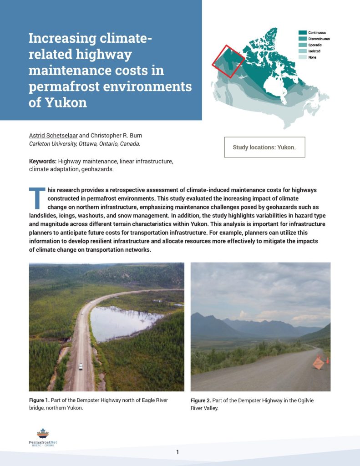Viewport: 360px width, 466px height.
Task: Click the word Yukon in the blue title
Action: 65,102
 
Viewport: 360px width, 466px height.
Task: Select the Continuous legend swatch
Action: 302,33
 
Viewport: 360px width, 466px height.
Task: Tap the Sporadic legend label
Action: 315,45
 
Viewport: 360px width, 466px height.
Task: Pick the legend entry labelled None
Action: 312,57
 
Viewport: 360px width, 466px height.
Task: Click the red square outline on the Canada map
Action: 228,61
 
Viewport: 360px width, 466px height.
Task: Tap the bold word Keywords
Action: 43,162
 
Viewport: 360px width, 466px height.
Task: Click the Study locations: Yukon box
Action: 264,147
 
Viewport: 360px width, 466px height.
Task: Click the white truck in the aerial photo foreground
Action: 81,366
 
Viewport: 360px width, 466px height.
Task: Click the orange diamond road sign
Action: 319,363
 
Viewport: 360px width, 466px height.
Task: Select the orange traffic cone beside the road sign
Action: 327,360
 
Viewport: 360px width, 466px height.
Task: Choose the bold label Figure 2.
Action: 201,400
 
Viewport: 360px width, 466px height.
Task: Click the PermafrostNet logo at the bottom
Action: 42,437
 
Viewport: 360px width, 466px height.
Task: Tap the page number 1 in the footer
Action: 177,452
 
